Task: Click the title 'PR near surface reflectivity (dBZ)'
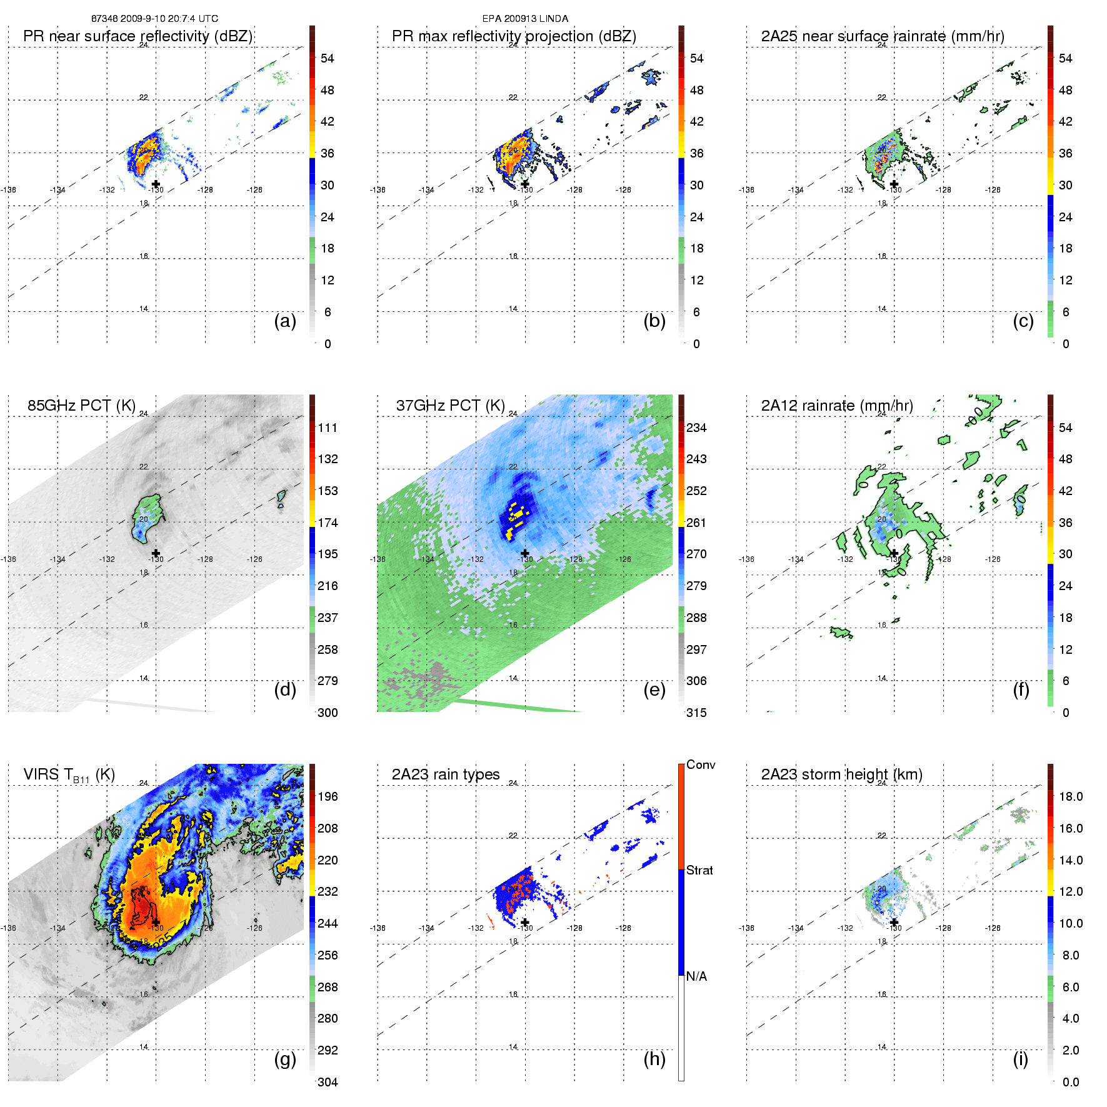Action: (138, 36)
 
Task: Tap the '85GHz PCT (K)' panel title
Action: (81, 406)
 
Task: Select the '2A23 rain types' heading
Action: (446, 774)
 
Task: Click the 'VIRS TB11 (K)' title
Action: (69, 775)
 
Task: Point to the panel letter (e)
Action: (654, 689)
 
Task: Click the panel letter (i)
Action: (1020, 1059)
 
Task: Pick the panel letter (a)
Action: (285, 321)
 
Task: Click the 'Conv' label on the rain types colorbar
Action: (701, 765)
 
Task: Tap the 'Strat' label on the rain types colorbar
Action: (699, 870)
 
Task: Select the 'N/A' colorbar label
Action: (696, 976)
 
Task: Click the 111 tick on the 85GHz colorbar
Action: (328, 428)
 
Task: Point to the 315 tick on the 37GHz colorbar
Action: (696, 713)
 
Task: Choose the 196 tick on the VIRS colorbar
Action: (328, 797)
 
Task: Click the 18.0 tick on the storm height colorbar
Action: (1070, 797)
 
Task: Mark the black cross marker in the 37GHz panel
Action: (525, 553)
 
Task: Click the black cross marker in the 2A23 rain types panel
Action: (525, 922)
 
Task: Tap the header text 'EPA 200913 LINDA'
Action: (525, 19)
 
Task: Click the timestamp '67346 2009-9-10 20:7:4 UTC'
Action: (154, 19)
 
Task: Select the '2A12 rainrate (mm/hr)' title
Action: (837, 406)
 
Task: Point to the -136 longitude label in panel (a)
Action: (9, 190)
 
